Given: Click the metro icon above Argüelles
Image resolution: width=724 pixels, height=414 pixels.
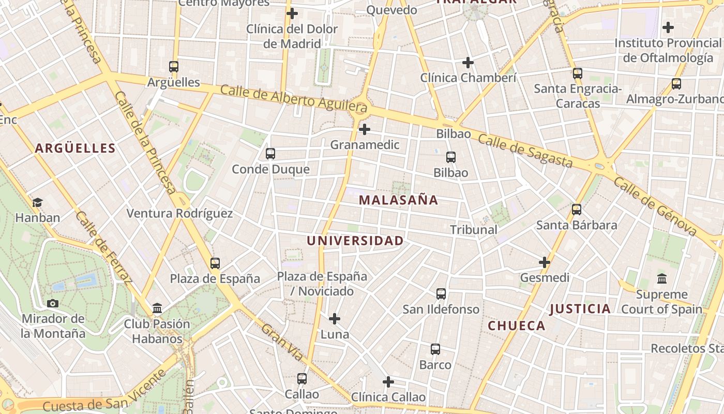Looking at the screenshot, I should (173, 66).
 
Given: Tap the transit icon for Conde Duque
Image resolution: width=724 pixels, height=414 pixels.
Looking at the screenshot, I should (270, 153).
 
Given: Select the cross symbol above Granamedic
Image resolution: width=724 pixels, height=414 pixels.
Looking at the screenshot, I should (365, 129).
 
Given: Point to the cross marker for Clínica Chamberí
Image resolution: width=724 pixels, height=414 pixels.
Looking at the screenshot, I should (468, 63).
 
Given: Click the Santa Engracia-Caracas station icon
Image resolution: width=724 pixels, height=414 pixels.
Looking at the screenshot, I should (577, 73).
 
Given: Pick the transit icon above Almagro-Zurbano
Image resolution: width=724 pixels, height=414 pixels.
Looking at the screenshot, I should (676, 83).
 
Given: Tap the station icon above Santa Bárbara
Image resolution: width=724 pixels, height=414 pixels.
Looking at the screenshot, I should (577, 210).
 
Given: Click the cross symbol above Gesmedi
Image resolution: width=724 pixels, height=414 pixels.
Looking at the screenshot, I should (545, 262).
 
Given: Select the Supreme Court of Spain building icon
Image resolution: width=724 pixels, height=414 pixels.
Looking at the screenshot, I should (661, 279).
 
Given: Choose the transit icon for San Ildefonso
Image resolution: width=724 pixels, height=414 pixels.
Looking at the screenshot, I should (441, 294).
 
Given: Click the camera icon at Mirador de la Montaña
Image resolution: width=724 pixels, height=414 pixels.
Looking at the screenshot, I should (53, 303).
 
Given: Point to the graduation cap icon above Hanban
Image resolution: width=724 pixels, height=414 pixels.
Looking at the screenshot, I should (37, 202).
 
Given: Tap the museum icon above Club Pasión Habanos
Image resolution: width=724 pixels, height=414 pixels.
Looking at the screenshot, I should (157, 309).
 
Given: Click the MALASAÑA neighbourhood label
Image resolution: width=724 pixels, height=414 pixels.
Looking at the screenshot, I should (398, 200).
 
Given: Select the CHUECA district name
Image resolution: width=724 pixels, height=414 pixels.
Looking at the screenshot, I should (516, 326).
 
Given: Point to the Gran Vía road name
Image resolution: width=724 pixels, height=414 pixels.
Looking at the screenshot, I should (282, 342).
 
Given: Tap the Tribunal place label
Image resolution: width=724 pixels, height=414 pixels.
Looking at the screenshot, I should (473, 229).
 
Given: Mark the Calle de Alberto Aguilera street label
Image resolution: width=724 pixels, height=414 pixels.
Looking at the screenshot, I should (294, 98).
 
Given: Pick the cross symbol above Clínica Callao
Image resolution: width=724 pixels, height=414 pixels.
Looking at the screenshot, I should (388, 382).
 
